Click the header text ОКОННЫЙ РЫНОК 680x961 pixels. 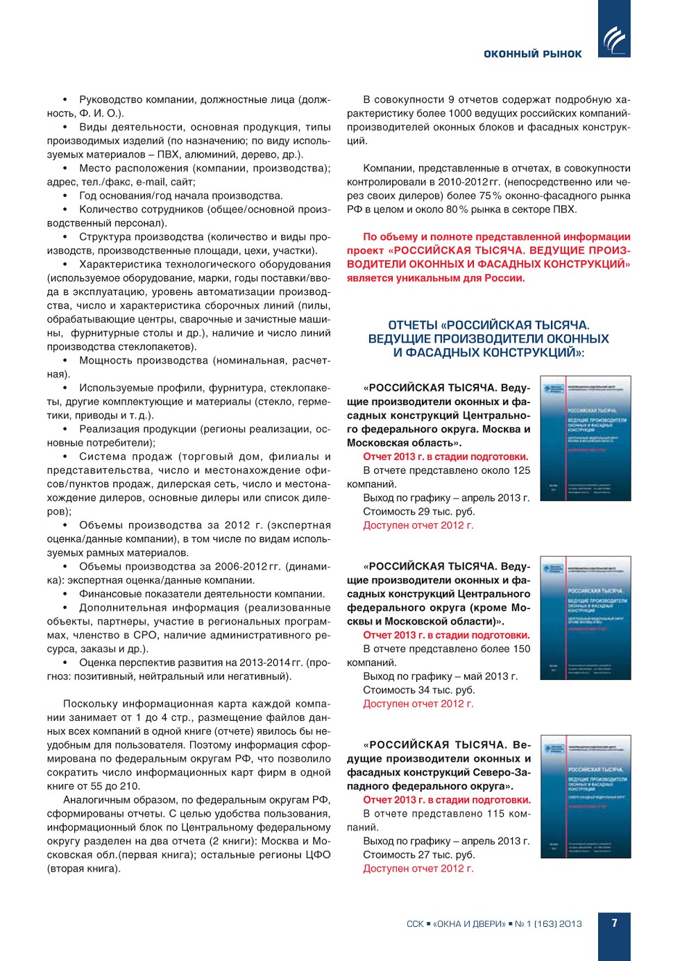pyautogui.click(x=532, y=54)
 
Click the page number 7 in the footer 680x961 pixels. pyautogui.click(x=614, y=923)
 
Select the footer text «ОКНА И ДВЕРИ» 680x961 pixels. pyautogui.click(x=469, y=924)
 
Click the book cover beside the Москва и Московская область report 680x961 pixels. pyautogui.click(x=586, y=439)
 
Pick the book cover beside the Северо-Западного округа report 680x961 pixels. pyautogui.click(x=586, y=797)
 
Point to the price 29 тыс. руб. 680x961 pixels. pyautogui.click(x=447, y=511)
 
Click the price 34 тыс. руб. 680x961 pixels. pyautogui.click(x=447, y=690)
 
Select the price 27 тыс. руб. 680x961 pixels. pyautogui.click(x=447, y=855)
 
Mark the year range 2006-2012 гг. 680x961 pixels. pyautogui.click(x=248, y=566)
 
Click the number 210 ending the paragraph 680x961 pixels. pyautogui.click(x=130, y=786)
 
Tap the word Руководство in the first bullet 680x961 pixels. pyautogui.click(x=111, y=99)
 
